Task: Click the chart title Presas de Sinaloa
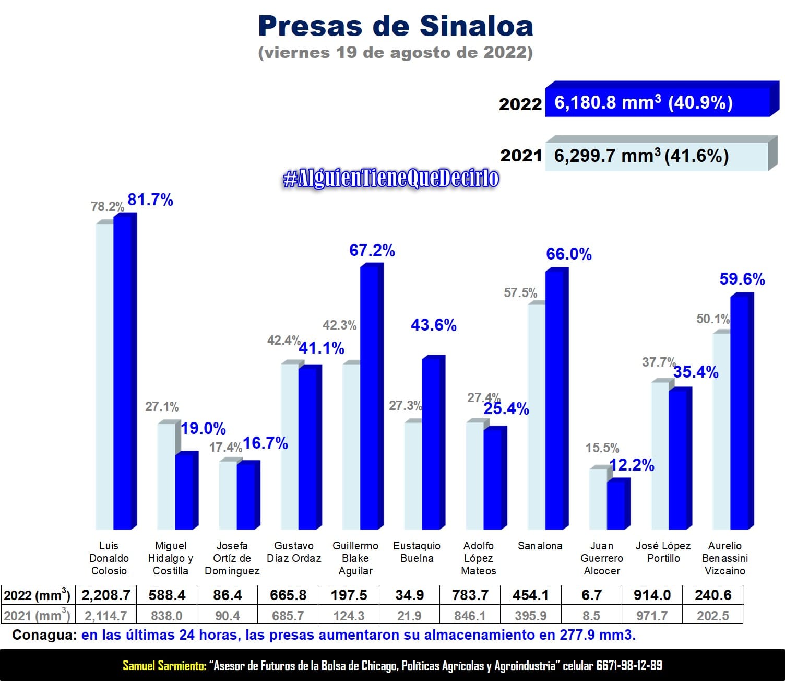tap(395, 26)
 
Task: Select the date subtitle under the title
tap(395, 53)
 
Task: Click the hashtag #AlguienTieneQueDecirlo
tap(390, 179)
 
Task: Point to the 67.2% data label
tap(372, 251)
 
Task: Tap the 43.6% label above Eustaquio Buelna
tap(433, 325)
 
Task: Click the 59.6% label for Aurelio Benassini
tap(742, 279)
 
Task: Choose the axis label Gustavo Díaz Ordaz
tap(294, 552)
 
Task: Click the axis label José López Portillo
tap(663, 552)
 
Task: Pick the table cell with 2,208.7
tap(106, 595)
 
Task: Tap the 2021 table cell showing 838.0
tap(166, 616)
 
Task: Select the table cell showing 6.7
tap(591, 595)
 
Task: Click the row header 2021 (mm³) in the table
tap(37, 616)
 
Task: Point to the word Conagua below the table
tap(44, 636)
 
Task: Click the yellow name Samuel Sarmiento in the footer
tap(164, 666)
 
